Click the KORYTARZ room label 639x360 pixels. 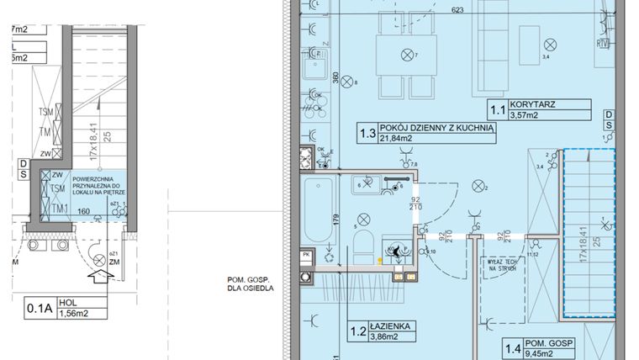[x=546, y=105]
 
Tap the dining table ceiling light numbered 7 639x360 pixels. [x=408, y=55]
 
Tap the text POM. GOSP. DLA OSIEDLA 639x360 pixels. [x=247, y=286]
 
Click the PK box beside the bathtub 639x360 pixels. [x=307, y=252]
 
